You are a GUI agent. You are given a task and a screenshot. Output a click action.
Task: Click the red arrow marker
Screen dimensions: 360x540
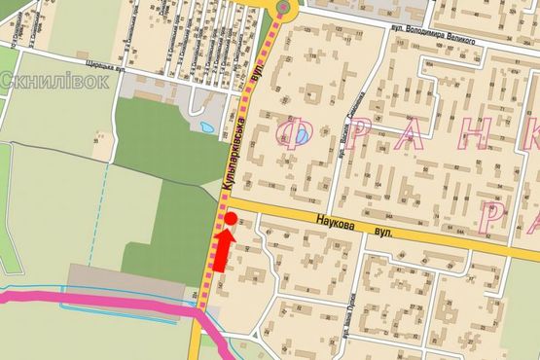223,251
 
